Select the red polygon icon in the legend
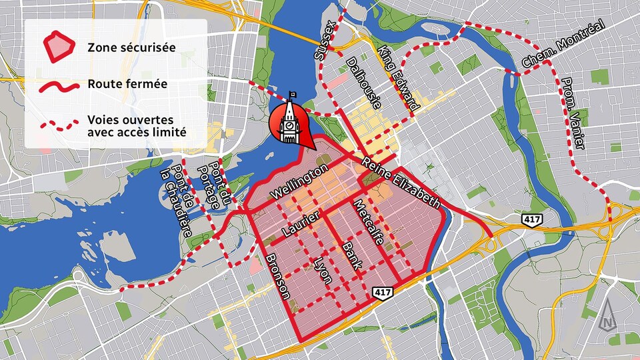click(59, 46)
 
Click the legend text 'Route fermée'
click(127, 85)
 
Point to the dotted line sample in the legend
click(59, 125)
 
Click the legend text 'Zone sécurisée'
click(131, 47)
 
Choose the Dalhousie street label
click(364, 83)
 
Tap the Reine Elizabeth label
click(402, 181)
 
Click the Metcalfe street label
click(369, 222)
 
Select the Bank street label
click(351, 255)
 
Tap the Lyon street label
click(323, 269)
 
